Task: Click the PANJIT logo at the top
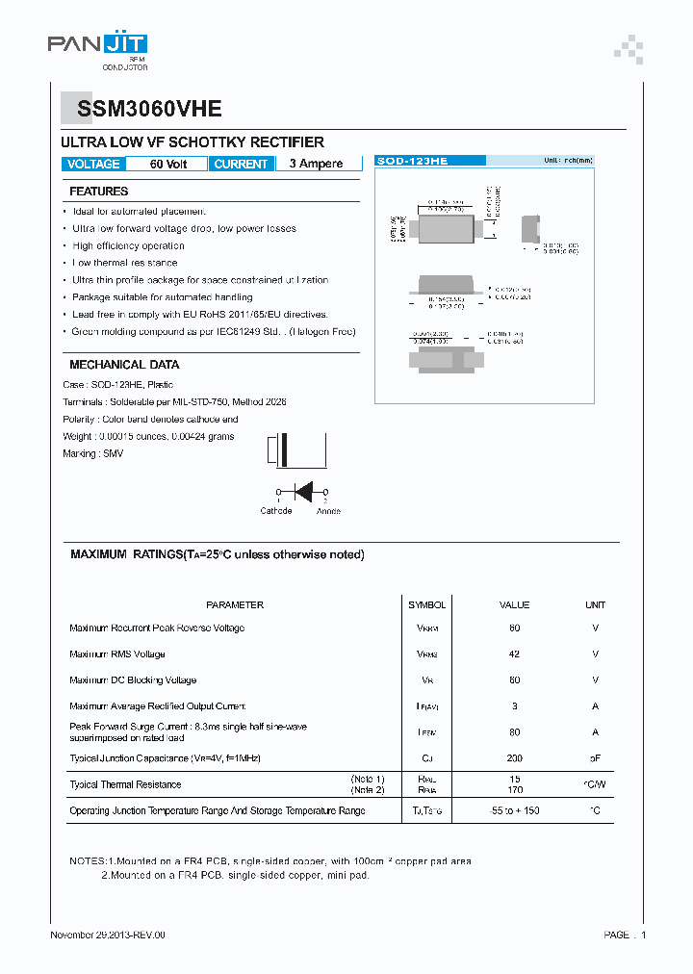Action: coord(97,45)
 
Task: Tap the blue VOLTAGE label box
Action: coord(94,164)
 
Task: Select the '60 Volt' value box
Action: coord(168,164)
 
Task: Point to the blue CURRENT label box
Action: coord(241,164)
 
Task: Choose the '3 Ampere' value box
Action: coord(317,164)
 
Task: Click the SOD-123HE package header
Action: coord(413,162)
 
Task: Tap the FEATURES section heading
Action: coord(99,192)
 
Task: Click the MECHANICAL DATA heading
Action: coord(124,365)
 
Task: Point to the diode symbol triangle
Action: coord(303,491)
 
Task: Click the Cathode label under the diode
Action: coord(276,511)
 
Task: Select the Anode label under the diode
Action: coord(328,511)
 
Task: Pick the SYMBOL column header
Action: coord(426,605)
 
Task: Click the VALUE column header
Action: coord(514,605)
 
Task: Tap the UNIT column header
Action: coord(595,605)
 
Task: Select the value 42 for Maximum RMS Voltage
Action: coord(514,654)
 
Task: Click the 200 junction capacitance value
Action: coord(514,758)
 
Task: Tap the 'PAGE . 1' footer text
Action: coord(625,935)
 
